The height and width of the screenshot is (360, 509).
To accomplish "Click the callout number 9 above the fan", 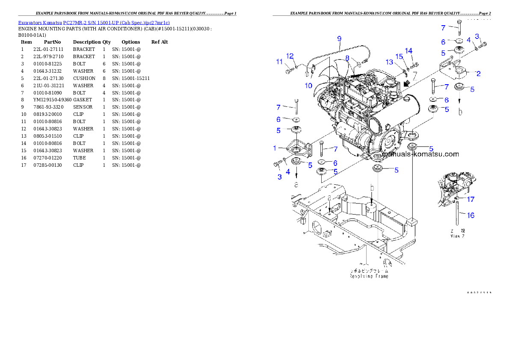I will coord(339,38).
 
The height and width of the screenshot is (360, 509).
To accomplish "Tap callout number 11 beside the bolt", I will coord(279,62).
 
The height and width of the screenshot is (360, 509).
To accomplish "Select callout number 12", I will coord(290,56).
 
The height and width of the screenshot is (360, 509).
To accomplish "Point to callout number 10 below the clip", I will coord(308,86).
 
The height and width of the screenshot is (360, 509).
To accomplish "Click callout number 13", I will coord(389,62).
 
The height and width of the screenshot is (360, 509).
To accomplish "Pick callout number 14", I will coord(409,51).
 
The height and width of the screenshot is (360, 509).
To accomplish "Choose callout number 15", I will coord(400,56).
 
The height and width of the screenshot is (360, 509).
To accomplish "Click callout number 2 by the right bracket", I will coord(478,74).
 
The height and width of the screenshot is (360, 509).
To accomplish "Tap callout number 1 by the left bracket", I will coord(275,148).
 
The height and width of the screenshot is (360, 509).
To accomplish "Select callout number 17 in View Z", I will coord(471,199).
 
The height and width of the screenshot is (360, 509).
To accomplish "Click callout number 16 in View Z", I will coord(471,215).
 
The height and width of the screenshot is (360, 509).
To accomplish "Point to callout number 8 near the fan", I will coord(348,58).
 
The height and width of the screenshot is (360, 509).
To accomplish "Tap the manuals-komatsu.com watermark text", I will coord(420,154).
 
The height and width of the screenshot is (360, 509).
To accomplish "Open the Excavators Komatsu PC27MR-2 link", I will coord(94,23).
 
